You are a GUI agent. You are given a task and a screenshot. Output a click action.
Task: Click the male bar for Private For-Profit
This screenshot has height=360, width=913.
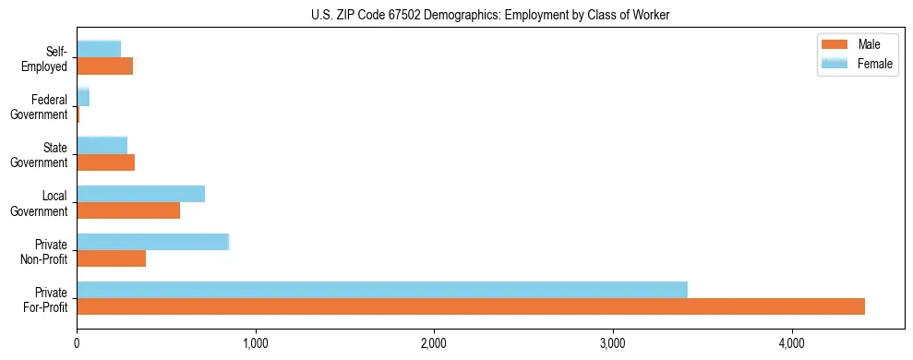(x=471, y=306)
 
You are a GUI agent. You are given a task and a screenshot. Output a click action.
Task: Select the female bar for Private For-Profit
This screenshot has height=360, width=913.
(x=382, y=290)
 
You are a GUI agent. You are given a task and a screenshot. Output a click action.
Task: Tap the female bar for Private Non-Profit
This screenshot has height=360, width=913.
(x=152, y=242)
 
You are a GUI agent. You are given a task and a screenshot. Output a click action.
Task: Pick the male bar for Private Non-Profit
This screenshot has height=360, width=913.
(x=111, y=258)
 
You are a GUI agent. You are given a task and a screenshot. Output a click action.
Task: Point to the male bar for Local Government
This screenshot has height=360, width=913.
(x=128, y=210)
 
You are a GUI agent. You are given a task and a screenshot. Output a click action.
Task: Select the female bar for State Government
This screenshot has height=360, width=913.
(x=102, y=145)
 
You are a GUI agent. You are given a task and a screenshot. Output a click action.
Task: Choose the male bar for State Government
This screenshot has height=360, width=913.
(x=105, y=162)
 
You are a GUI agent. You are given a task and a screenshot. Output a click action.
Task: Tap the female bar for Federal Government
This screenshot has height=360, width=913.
(x=83, y=97)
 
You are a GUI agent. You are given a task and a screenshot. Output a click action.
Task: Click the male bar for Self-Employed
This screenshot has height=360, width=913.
(x=104, y=66)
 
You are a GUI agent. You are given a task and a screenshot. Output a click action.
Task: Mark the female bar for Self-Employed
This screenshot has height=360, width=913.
(x=99, y=49)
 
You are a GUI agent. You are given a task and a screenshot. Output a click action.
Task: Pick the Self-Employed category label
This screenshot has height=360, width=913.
(x=48, y=58)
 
